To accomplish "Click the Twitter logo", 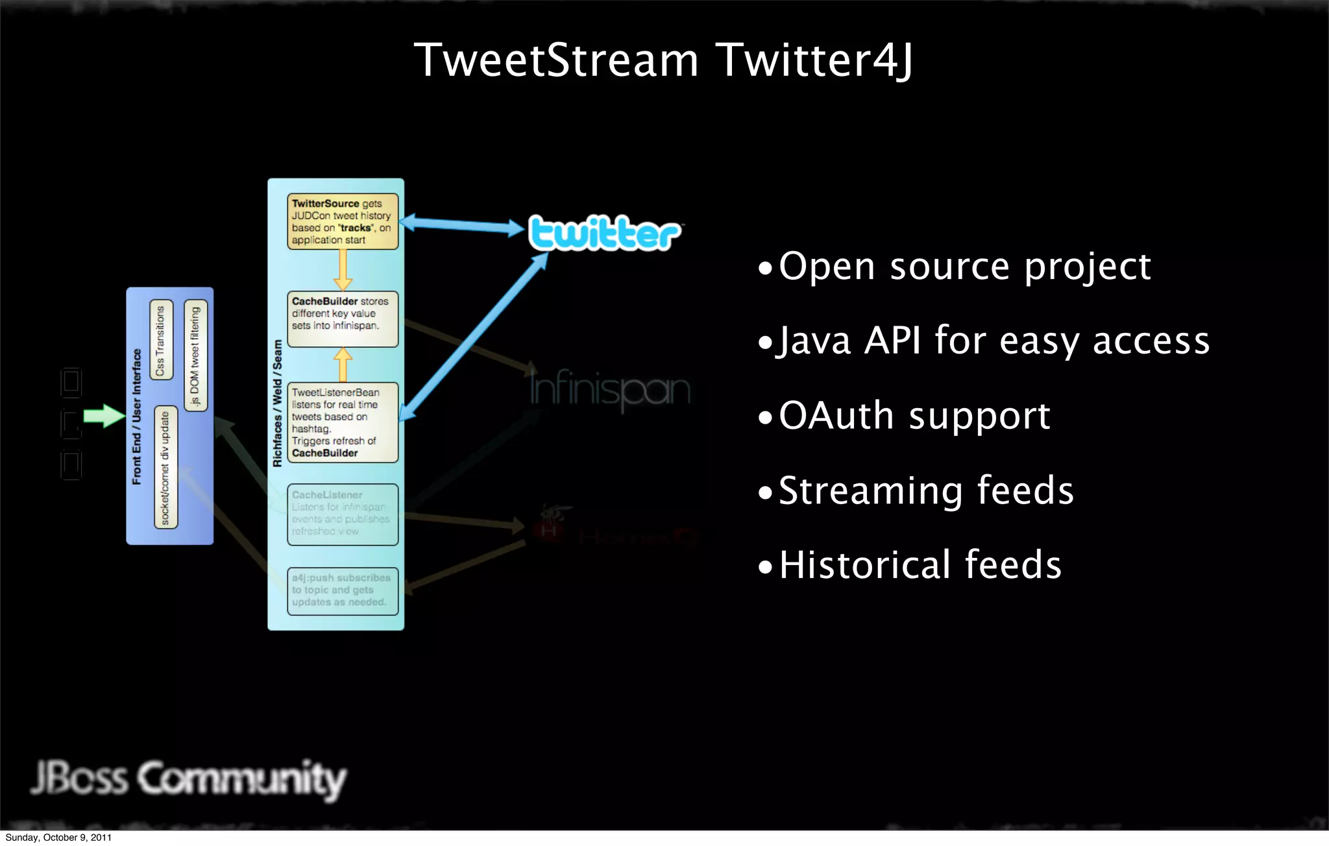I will coord(604,233).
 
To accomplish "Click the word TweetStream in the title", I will coord(556,60).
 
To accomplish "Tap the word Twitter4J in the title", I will coord(816,60).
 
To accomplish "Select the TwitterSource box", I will coord(343,221).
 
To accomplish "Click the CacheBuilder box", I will coord(343,319).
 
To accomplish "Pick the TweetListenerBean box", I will coord(343,422).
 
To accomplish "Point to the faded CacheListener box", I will coord(343,514).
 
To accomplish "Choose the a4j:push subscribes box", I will coord(343,590).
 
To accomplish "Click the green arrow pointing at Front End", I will coord(104,416).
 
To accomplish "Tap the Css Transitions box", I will coord(161,340).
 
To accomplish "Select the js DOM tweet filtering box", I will coord(195,356).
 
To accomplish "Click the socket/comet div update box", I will coord(165,467).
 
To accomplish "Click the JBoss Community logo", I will coord(188,779).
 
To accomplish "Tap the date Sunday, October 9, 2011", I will coord(58,838).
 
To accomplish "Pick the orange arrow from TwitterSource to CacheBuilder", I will coord(343,270).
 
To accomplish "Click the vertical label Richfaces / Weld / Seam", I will coord(278,403).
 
